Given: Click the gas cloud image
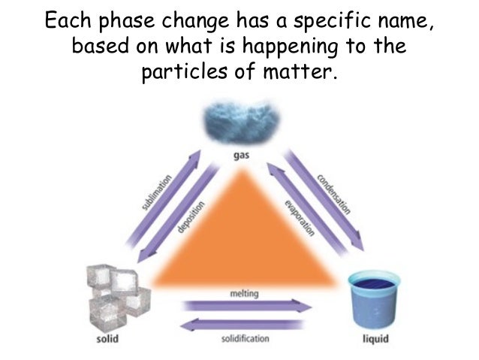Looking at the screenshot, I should [240, 125].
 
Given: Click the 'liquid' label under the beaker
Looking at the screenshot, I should [375, 340].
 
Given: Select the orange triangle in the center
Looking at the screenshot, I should [239, 241].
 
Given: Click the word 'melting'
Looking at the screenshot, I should [242, 292].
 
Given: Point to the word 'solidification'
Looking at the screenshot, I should [246, 340].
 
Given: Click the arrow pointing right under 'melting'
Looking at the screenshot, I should [247, 306].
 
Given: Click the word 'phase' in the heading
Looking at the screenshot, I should [146, 21].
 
